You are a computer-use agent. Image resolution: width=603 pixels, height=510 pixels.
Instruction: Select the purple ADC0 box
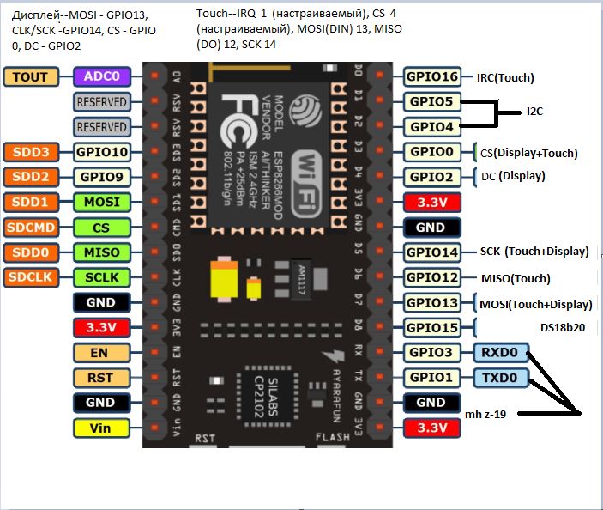pos(101,76)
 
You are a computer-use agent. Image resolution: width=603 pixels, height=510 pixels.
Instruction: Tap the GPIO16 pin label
pos(432,76)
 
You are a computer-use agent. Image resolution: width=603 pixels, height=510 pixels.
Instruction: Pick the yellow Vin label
pos(101,428)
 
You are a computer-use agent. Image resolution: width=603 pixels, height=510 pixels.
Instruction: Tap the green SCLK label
pos(101,277)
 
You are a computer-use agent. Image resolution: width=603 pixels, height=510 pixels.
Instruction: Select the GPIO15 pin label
pos(432,327)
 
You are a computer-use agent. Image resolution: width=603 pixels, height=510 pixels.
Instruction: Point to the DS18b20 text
pos(563,327)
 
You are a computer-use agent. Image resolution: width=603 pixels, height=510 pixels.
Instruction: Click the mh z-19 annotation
pos(485,415)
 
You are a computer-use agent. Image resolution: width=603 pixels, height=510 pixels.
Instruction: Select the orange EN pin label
pos(101,353)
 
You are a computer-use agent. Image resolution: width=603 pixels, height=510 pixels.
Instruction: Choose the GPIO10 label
pos(101,152)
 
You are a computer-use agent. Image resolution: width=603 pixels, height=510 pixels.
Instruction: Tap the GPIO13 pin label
pos(432,303)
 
